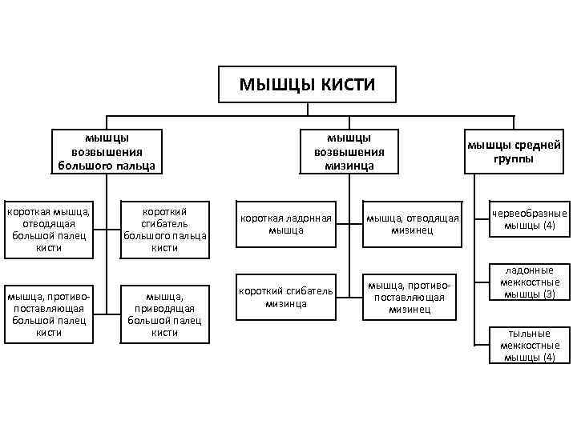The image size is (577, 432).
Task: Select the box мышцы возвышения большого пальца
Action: point(107,152)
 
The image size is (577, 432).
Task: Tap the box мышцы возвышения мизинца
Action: point(344,152)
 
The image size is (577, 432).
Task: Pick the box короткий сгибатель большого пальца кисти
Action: point(165,230)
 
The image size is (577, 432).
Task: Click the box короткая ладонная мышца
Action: point(286,224)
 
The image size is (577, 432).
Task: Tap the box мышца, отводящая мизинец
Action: point(412,224)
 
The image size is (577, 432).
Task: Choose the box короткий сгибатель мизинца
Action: point(286,297)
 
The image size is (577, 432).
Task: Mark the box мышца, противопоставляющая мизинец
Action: point(412,297)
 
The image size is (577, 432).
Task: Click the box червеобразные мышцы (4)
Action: point(529,219)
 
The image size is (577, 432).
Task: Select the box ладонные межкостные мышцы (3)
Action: point(529,282)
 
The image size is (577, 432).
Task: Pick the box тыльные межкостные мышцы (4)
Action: point(529,345)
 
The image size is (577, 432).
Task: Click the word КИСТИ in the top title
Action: point(343,84)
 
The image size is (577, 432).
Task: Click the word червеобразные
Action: point(529,214)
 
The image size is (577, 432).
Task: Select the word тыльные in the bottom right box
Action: point(529,333)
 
